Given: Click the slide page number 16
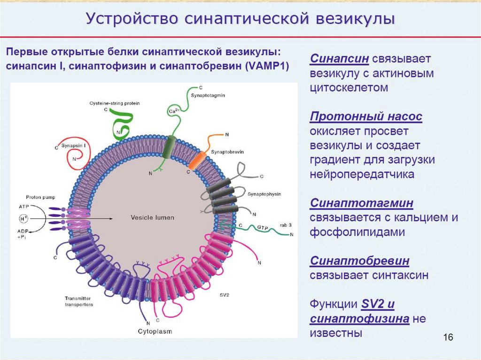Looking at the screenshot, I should coord(447,337).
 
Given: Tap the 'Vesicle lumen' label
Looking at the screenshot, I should coord(152,218).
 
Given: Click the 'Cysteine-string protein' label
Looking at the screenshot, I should coord(115,103).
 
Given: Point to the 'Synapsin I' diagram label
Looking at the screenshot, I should coord(75,146).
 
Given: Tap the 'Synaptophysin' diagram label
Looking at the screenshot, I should coord(263,193).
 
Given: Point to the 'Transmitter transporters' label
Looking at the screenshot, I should coord(80,301).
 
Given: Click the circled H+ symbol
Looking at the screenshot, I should coord(23,219).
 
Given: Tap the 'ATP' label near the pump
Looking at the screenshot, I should coord(24,207).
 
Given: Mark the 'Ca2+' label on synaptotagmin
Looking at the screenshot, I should coord(174,111).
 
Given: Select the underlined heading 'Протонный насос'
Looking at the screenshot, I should coord(366,116).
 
